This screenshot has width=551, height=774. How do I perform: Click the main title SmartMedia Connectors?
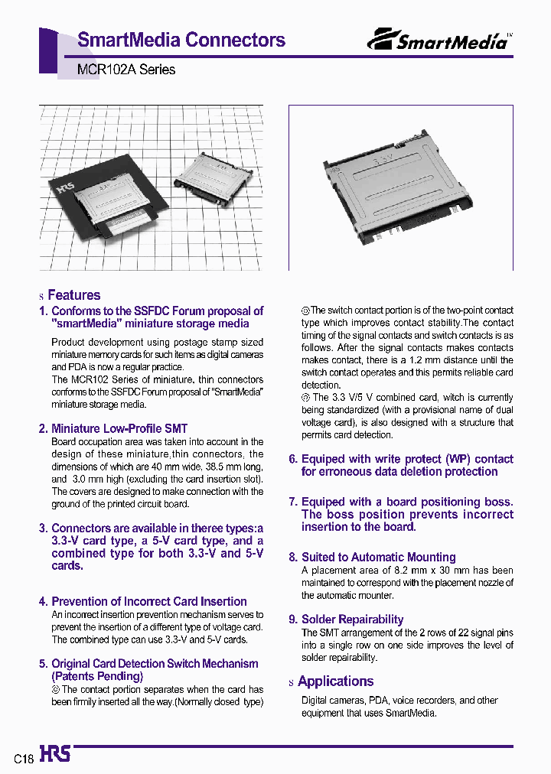coord(181,40)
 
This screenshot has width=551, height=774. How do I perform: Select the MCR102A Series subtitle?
coord(126,70)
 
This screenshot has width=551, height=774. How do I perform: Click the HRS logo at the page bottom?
coord(54,755)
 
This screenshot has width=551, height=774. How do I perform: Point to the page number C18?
coord(24,759)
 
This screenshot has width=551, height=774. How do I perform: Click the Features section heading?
coord(73,295)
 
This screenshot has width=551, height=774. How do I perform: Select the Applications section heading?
coord(335,681)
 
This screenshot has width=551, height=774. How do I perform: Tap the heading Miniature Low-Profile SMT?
coord(119,428)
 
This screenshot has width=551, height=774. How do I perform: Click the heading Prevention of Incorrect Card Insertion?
coord(148,601)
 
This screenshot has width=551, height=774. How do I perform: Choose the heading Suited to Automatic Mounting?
coord(378,558)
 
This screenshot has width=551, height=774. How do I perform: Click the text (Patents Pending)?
coord(97,676)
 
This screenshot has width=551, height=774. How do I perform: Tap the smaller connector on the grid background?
coord(207,178)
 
